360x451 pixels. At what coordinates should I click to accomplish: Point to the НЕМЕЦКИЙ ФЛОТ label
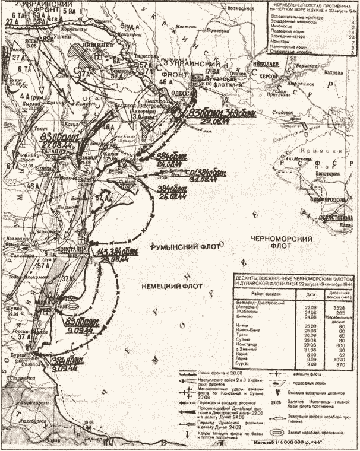tap(167, 286)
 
